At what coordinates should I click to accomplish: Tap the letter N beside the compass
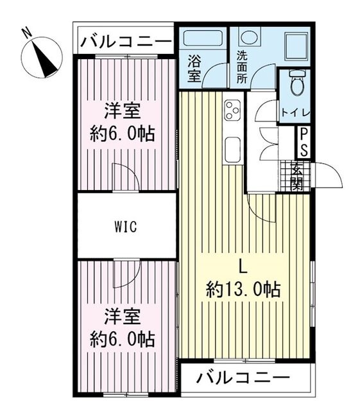click(x=24, y=31)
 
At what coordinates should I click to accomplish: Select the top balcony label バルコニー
click(x=126, y=42)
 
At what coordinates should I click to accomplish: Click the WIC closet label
click(x=126, y=227)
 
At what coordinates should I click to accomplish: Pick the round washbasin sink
click(x=252, y=37)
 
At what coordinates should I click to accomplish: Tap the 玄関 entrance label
click(x=297, y=175)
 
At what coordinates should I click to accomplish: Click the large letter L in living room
click(x=243, y=265)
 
